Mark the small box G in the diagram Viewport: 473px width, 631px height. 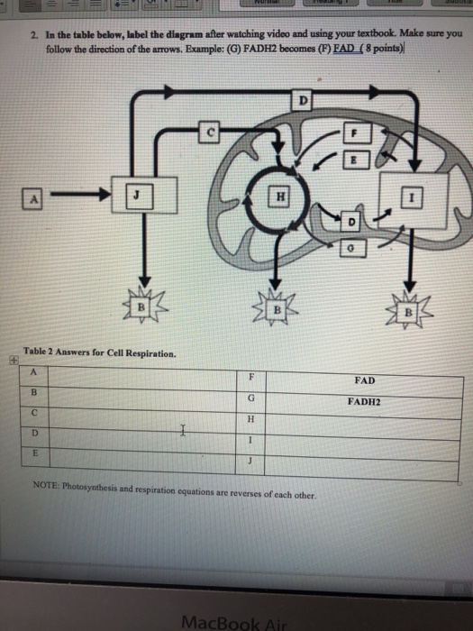[355, 243]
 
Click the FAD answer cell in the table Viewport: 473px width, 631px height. [365, 380]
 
